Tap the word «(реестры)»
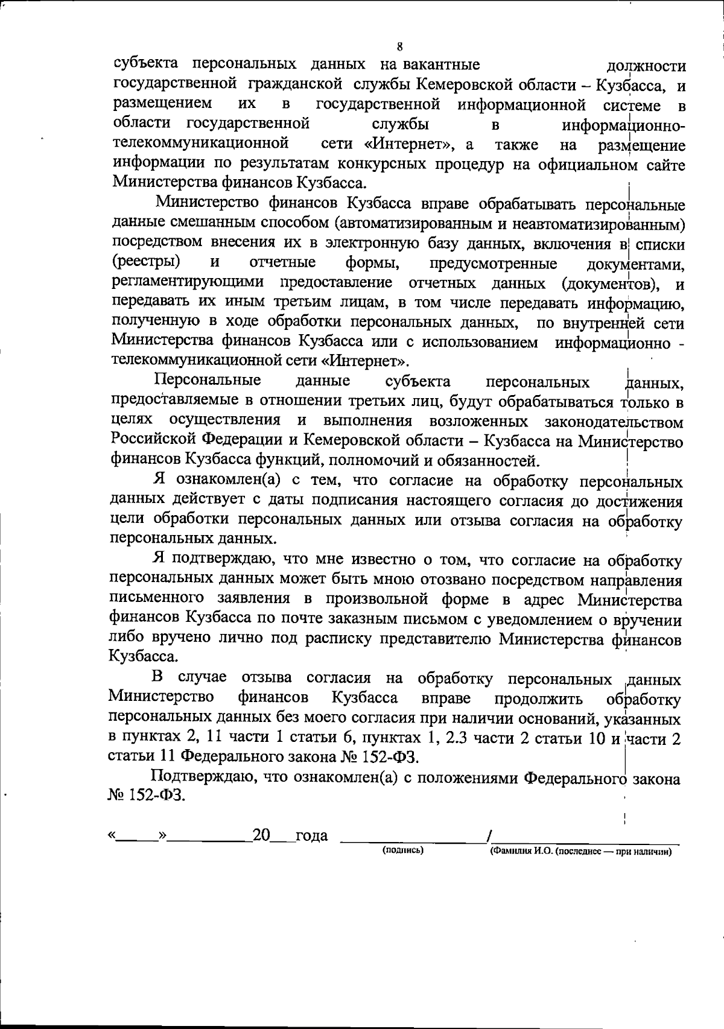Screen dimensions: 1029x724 click(146, 263)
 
